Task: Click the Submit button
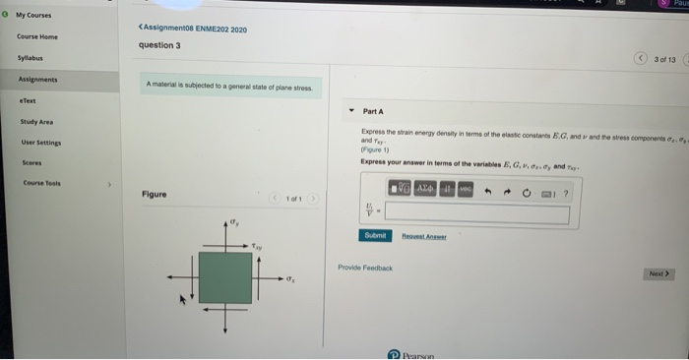tap(375, 236)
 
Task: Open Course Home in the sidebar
tap(38, 36)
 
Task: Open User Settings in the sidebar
tap(38, 143)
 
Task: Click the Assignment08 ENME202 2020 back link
tap(193, 30)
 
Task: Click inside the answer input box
tap(476, 211)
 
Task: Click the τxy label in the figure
tap(258, 247)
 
